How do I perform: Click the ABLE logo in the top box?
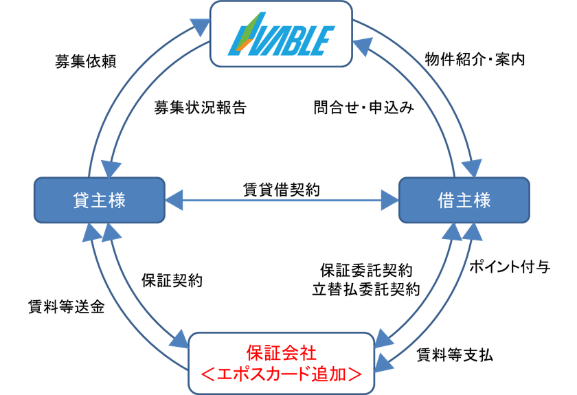pos(281,34)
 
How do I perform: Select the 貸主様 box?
pos(100,201)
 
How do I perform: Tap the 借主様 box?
pos(464,201)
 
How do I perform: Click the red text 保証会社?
pos(282,352)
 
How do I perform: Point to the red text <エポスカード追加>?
pos(282,374)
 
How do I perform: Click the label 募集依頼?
pos(86,61)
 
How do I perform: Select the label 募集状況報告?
pos(200,107)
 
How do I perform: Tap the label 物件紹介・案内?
pos(475,59)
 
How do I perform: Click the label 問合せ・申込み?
pos(363,107)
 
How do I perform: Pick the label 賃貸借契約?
pos(282,190)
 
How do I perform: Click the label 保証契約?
pos(172,280)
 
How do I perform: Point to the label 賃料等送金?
pos(66,306)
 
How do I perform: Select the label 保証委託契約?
pos(366,271)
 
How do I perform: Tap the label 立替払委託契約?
pos(366,289)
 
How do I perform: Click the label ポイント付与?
pos(510,267)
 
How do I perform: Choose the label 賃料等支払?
pos(455,355)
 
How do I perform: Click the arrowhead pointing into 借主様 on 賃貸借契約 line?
pos(390,201)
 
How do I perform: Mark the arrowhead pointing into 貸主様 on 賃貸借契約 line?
pos(174,201)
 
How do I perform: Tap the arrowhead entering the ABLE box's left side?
pos(201,27)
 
